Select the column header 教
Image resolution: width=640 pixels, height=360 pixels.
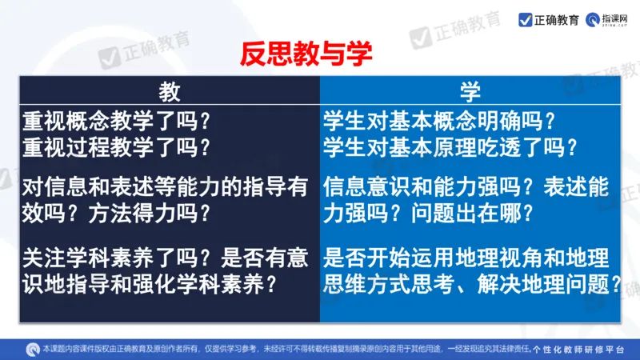click(169, 92)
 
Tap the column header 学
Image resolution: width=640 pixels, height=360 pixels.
click(470, 92)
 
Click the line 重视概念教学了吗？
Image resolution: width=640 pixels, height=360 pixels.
click(117, 122)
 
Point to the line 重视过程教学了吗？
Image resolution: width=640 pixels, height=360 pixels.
click(117, 147)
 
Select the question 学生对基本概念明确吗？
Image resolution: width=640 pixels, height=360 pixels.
click(439, 122)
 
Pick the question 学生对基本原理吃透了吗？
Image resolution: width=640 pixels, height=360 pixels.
click(450, 147)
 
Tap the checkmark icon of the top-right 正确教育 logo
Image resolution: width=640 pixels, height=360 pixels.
click(525, 19)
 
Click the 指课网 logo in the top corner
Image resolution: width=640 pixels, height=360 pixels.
click(606, 19)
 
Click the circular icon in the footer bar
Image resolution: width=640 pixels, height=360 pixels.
click(33, 348)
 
